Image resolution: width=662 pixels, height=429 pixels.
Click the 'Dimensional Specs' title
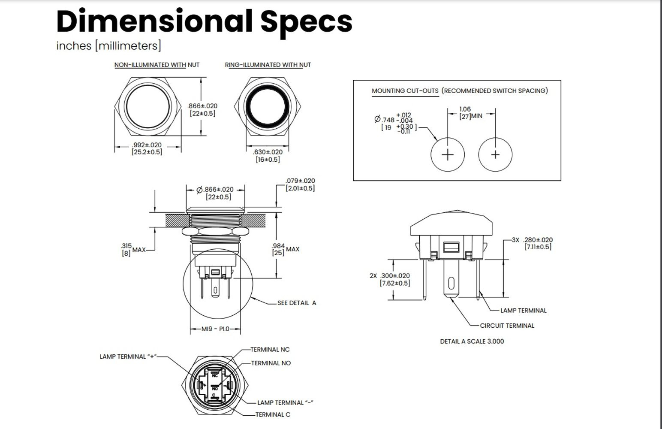(x=204, y=21)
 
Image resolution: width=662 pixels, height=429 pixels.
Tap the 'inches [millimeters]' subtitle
(x=108, y=45)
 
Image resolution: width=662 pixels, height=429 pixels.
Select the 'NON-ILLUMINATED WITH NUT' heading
(x=156, y=65)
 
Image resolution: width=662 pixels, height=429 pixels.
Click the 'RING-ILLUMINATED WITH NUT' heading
(x=268, y=65)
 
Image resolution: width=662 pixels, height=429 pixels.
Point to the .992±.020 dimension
(x=147, y=145)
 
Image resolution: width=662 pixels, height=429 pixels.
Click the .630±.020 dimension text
(x=268, y=152)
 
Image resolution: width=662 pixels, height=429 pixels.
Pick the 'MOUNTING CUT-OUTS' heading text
(x=405, y=91)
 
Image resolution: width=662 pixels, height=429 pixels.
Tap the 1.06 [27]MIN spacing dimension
(x=470, y=113)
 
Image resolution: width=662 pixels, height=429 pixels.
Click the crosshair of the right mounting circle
(x=495, y=154)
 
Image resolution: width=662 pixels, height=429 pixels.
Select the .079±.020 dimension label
(x=300, y=181)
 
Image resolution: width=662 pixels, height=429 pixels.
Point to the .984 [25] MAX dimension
(x=286, y=249)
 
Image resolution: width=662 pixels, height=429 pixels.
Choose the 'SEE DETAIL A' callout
(x=296, y=303)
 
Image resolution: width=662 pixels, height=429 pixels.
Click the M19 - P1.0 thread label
(x=215, y=329)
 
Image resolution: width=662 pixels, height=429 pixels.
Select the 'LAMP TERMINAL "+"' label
(x=128, y=356)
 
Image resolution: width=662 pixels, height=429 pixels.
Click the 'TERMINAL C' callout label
(x=273, y=414)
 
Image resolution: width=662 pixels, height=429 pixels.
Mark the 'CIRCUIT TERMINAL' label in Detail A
(x=507, y=326)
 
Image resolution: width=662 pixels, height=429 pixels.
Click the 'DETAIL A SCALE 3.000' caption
(x=472, y=341)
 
